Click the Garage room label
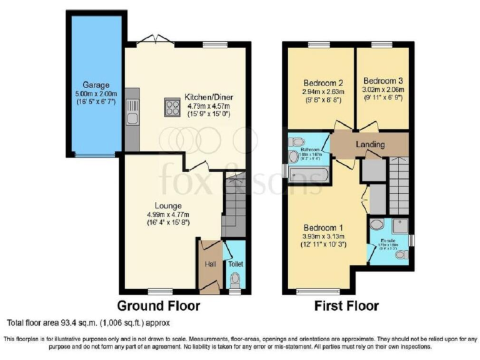coord(96,84)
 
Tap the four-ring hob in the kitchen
coord(172,107)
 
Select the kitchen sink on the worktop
coord(132,117)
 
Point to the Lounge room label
coord(169,205)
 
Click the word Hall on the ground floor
coord(210,264)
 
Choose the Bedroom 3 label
coord(383,81)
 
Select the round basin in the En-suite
coord(377,224)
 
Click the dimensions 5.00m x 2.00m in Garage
coord(96,94)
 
